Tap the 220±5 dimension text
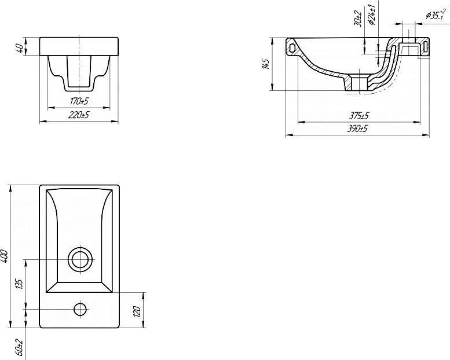click(x=79, y=115)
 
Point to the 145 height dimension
click(x=266, y=64)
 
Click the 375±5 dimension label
click(x=358, y=116)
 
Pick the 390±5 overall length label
click(x=357, y=129)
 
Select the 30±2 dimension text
click(x=358, y=19)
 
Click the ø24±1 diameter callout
click(x=372, y=14)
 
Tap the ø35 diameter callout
click(x=435, y=14)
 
